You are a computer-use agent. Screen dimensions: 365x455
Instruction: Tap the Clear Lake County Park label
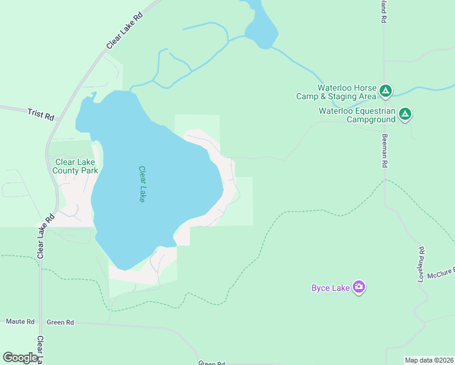(x=76, y=166)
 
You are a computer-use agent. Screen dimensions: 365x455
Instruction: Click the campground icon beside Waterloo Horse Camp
(x=385, y=91)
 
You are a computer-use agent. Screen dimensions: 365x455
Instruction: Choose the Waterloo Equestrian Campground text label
(x=357, y=115)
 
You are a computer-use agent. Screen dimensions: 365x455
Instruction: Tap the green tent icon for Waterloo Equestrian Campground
(x=405, y=114)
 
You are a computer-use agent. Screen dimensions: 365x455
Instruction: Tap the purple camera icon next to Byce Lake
(x=359, y=287)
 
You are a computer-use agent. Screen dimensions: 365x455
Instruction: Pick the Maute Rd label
(x=20, y=321)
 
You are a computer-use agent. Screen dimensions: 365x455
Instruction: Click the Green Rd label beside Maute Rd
(x=60, y=322)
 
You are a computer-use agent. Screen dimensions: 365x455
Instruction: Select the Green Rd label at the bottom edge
(x=212, y=363)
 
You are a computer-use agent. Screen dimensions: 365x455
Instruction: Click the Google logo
(x=21, y=357)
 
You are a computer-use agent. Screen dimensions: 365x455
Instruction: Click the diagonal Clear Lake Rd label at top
(x=124, y=30)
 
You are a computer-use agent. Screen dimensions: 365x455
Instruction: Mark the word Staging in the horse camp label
(x=353, y=96)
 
